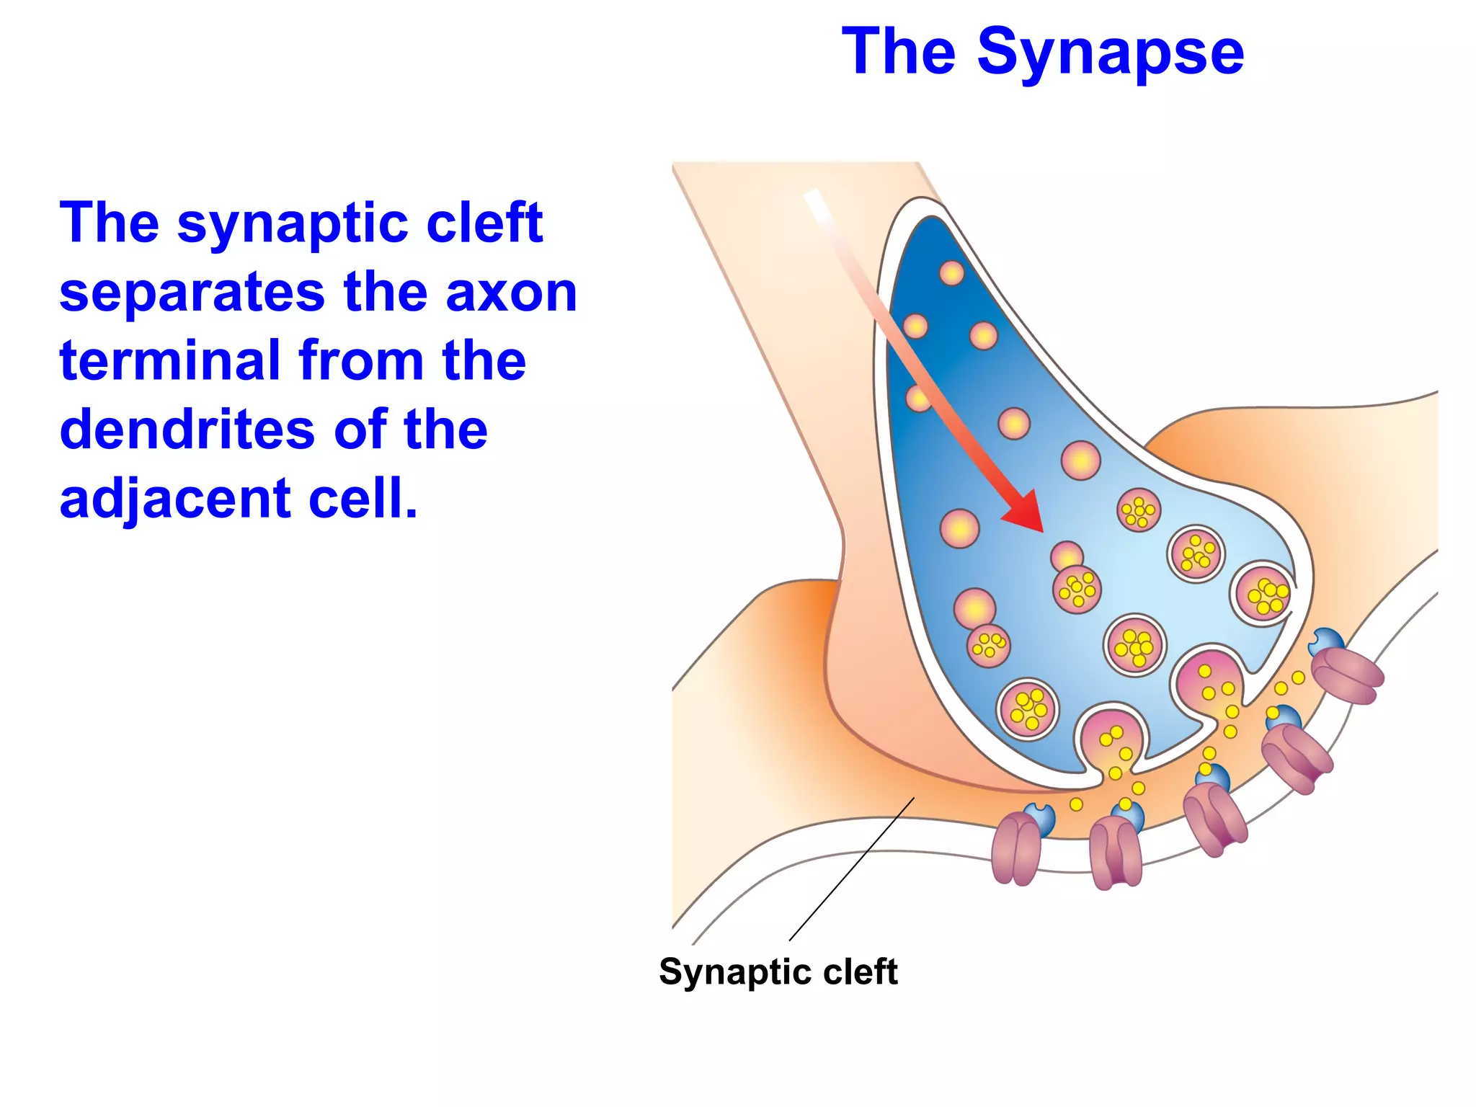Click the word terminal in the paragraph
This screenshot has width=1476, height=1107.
tap(169, 360)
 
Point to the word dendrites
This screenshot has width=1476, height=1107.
tap(186, 430)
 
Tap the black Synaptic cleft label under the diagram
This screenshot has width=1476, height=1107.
tap(778, 972)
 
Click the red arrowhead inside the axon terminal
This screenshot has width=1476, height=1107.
tap(1026, 512)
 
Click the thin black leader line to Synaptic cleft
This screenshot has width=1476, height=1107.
tap(850, 870)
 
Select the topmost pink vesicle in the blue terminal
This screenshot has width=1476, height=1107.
tap(951, 273)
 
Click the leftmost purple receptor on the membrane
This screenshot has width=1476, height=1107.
tap(1015, 849)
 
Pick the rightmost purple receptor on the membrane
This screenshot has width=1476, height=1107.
tap(1346, 675)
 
